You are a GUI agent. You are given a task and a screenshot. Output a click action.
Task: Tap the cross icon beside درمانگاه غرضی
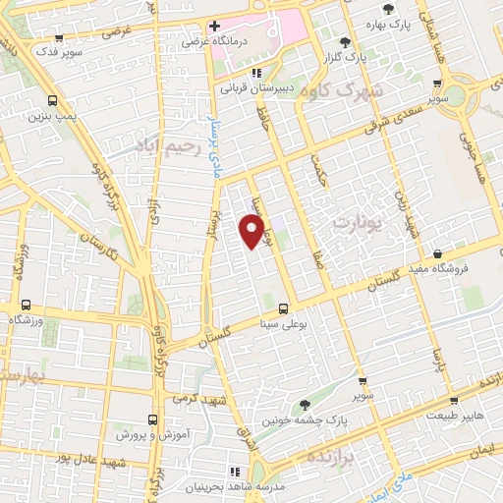(x=214, y=26)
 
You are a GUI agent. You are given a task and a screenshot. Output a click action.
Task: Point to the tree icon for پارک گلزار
(x=345, y=42)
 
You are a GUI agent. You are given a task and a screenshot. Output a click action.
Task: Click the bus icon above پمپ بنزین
(x=51, y=101)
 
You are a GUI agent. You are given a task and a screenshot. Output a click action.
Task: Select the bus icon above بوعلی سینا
(x=283, y=307)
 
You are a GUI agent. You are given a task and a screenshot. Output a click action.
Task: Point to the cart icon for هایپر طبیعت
(x=453, y=401)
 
